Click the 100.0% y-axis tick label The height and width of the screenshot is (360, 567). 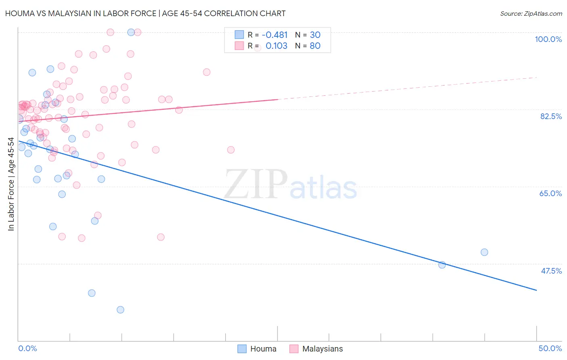[x=548, y=39]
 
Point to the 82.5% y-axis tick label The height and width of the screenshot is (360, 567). [x=551, y=116]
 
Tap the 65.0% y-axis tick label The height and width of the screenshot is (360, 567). [x=550, y=193]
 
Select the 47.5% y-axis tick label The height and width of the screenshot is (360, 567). [x=551, y=271]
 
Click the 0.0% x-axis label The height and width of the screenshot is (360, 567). [x=27, y=348]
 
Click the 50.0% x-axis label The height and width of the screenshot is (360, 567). [x=550, y=348]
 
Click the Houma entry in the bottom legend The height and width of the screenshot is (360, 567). [x=257, y=349]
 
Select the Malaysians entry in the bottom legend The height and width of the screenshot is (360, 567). [x=317, y=349]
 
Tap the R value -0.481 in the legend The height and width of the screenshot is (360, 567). [x=275, y=35]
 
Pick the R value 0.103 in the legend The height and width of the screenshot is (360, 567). [x=276, y=46]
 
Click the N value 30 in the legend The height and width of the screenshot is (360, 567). [x=315, y=35]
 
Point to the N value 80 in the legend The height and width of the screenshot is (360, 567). [x=315, y=46]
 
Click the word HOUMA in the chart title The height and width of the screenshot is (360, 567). [x=19, y=13]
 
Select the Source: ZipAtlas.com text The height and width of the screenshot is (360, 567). [x=531, y=13]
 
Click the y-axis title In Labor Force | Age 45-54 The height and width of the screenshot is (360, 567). [x=11, y=184]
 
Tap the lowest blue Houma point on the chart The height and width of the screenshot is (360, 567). [x=120, y=310]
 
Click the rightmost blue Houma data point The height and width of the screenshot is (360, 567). [x=484, y=252]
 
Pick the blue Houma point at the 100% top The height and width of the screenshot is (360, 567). [x=131, y=32]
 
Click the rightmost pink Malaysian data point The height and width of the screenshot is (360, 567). [x=231, y=150]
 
